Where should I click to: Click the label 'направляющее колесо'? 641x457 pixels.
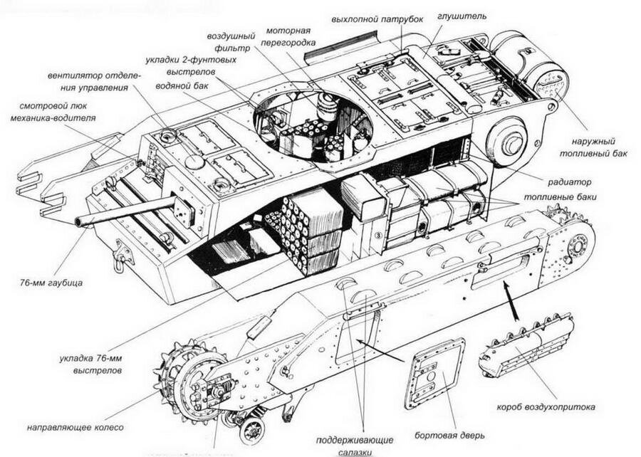pos(75,427)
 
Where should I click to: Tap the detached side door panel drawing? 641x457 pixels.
pos(434,373)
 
